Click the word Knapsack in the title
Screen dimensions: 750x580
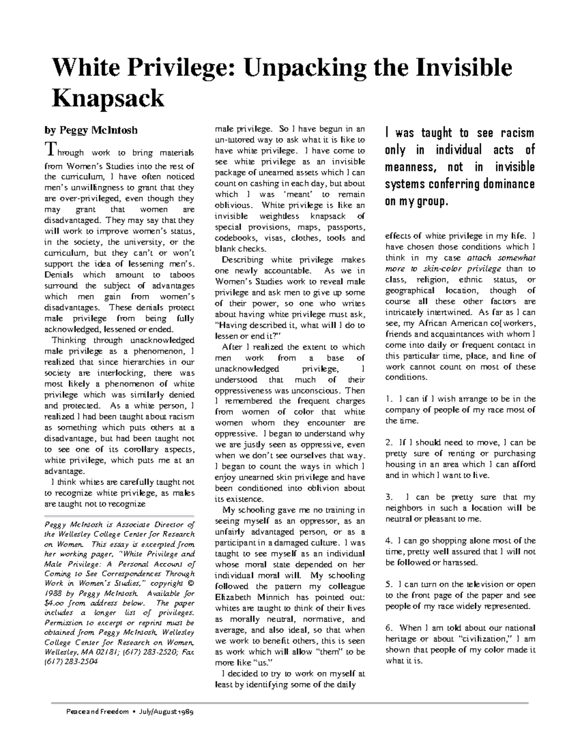click(108, 99)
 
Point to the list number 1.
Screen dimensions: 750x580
click(388, 399)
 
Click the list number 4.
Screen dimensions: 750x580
click(388, 540)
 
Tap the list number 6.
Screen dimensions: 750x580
click(388, 628)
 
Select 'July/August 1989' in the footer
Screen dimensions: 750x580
click(166, 712)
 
